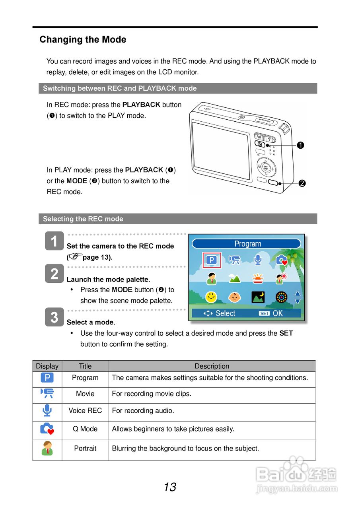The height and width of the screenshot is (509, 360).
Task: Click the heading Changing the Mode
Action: point(83,40)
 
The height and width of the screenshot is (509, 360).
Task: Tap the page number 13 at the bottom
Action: point(170,487)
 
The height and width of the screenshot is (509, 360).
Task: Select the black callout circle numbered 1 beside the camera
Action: point(301,146)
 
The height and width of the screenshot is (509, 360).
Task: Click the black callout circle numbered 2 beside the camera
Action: point(302,183)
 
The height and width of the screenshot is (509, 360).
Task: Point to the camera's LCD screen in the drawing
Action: point(221,150)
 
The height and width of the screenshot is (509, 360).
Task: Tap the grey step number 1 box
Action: point(54,241)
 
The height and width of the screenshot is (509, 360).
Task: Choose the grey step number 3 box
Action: point(54,317)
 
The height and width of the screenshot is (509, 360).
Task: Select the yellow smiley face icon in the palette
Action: point(211,297)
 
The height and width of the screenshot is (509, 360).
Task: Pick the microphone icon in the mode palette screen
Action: point(258,260)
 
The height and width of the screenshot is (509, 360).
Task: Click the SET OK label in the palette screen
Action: point(271,313)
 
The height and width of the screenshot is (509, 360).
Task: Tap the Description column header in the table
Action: point(212,366)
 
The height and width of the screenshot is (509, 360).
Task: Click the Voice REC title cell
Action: point(85,411)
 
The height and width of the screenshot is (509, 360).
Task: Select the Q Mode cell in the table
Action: point(85,429)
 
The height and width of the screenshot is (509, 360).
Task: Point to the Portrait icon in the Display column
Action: point(47,449)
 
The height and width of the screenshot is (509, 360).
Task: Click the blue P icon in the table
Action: point(47,378)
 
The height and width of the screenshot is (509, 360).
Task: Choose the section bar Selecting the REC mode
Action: point(177,219)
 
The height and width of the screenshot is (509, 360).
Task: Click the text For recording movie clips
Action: point(152,394)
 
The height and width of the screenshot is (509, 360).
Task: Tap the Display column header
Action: point(47,366)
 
